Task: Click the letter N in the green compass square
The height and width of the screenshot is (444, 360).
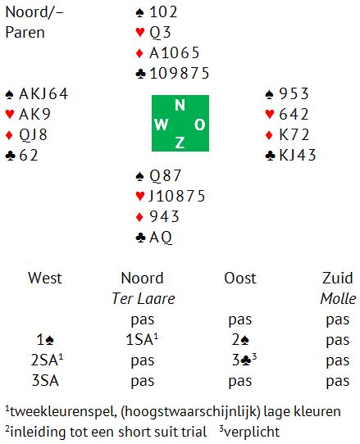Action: click(x=180, y=105)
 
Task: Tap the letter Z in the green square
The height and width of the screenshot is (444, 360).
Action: click(x=180, y=143)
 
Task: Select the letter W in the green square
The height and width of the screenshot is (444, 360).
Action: click(x=162, y=125)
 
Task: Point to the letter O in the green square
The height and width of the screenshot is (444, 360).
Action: click(x=199, y=125)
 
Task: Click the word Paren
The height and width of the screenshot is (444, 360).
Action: click(x=25, y=32)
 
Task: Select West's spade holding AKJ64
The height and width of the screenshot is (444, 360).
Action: click(x=43, y=93)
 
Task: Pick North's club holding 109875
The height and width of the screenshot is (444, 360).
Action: click(x=179, y=74)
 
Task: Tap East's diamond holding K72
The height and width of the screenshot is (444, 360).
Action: click(x=294, y=135)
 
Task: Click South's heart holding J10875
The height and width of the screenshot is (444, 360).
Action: click(x=177, y=196)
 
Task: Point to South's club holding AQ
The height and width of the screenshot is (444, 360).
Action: click(x=161, y=238)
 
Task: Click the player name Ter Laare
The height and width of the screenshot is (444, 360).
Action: click(x=144, y=298)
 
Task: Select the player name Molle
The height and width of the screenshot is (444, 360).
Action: click(x=338, y=298)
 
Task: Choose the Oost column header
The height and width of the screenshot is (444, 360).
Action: click(x=240, y=278)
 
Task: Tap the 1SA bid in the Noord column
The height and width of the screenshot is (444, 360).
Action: click(x=142, y=339)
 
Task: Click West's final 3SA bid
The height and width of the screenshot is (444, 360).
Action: click(x=45, y=380)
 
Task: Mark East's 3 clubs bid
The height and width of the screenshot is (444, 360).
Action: click(x=244, y=360)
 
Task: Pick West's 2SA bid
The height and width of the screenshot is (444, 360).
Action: click(x=47, y=360)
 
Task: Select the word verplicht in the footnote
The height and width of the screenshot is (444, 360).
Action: click(x=252, y=432)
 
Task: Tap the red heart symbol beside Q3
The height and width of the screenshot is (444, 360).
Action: click(x=140, y=32)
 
